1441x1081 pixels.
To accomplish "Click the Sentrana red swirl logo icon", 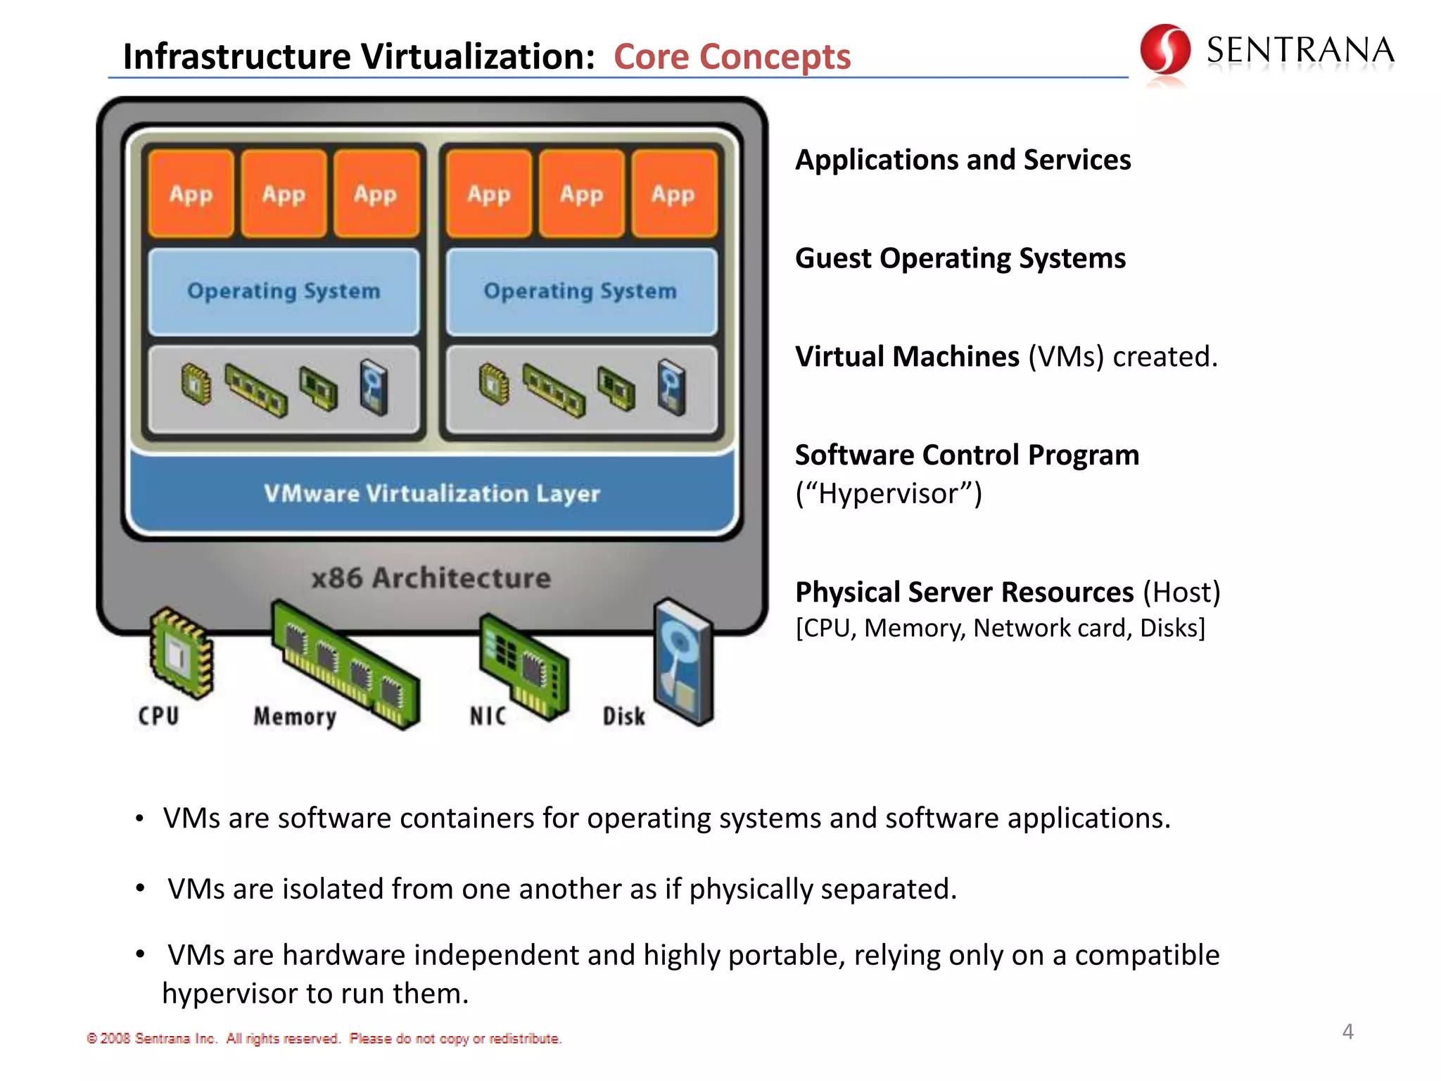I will [1164, 49].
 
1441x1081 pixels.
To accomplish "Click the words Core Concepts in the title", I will [732, 56].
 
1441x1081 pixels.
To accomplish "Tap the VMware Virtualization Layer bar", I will [432, 493].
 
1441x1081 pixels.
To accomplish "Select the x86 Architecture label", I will [431, 578].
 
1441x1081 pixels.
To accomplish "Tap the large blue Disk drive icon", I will [683, 662].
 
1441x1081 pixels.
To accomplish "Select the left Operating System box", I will [284, 291].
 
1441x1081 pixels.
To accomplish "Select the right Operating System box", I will [580, 291].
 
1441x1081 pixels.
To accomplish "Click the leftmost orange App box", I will [191, 194].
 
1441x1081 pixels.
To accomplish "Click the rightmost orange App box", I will [673, 194].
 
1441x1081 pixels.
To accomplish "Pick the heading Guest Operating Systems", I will [960, 258].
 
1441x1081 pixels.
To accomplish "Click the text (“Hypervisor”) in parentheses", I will [888, 493].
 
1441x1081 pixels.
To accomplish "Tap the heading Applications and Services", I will [963, 160].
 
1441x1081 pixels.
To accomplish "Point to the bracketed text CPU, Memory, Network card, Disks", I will [1000, 628].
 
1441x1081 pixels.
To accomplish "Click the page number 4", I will [1347, 1032].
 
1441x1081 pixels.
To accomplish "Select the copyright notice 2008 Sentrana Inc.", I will [324, 1039].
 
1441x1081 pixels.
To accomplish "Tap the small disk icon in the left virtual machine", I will [374, 387].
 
